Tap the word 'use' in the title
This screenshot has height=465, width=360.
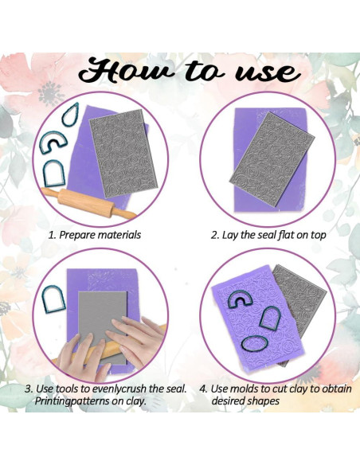[268, 72]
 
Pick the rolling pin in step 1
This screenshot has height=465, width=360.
[89, 203]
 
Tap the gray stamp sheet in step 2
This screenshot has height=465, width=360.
[272, 159]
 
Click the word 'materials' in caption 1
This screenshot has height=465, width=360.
[119, 235]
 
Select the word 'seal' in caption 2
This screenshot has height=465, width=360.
[267, 235]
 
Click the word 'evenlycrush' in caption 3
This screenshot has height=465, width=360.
[119, 389]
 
